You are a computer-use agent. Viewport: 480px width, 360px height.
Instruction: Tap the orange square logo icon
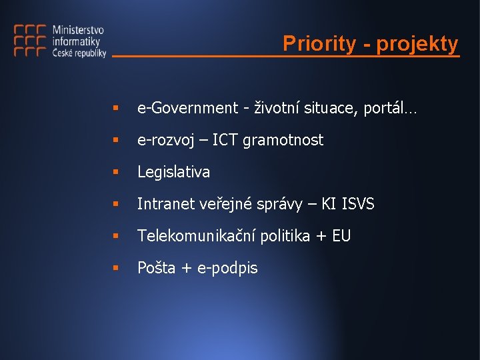click(x=30, y=41)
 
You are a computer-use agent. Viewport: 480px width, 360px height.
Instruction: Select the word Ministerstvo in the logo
click(x=78, y=30)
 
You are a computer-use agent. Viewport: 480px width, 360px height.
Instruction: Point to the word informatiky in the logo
click(x=75, y=42)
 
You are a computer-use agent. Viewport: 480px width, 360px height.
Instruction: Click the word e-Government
click(x=187, y=108)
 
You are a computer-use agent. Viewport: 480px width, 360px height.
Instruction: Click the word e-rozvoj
click(x=165, y=140)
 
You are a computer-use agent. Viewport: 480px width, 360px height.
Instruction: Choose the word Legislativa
click(x=173, y=172)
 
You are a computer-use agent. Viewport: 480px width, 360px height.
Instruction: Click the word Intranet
click(x=166, y=204)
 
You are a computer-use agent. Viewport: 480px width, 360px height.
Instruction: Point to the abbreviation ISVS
click(x=358, y=204)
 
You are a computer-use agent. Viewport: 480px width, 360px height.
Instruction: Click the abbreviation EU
click(x=341, y=236)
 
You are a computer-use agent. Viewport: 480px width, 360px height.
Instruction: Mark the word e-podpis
click(x=228, y=268)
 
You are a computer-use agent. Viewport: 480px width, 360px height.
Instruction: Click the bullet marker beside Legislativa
click(x=115, y=172)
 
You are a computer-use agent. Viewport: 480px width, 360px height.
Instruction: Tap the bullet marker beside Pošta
click(x=115, y=268)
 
